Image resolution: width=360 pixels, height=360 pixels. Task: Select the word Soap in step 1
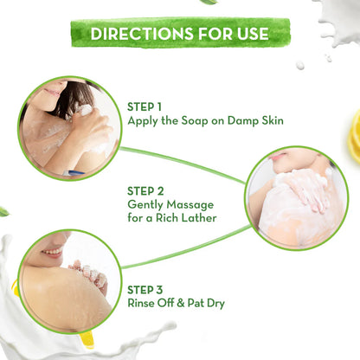[x=182, y=122]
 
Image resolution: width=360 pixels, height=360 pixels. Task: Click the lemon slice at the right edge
[x=355, y=135]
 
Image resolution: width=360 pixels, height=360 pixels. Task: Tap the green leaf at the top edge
[x=208, y=3]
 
